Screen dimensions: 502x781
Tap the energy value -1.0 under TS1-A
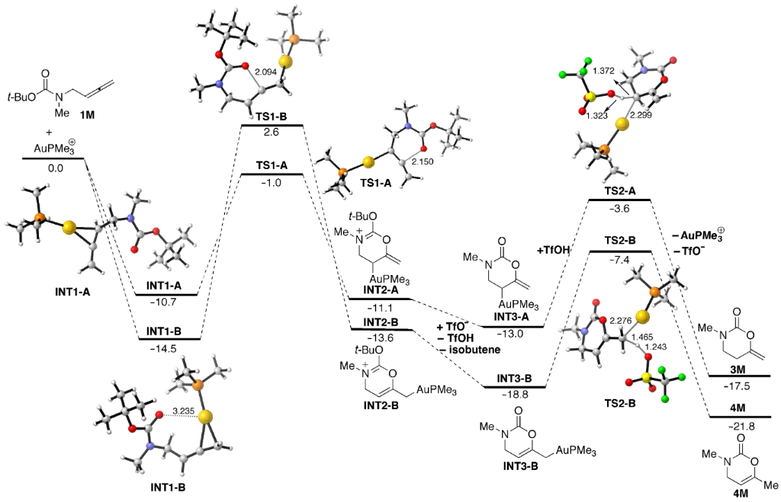click(272, 184)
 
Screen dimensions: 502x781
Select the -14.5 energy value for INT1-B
click(168, 348)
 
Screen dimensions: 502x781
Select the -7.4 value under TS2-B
click(619, 261)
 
